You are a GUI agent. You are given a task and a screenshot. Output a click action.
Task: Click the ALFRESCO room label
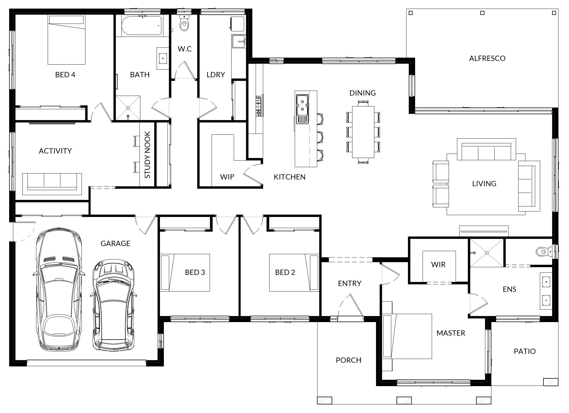pyautogui.click(x=487, y=58)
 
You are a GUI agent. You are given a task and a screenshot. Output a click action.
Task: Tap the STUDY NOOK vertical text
pyautogui.click(x=147, y=155)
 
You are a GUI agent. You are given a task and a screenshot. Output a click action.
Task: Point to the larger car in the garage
pyautogui.click(x=59, y=289)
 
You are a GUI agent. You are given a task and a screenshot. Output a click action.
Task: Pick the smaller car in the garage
pyautogui.click(x=113, y=305)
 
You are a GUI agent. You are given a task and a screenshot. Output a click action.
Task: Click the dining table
pyautogui.click(x=363, y=132)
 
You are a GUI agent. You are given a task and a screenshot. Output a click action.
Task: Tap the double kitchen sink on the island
pyautogui.click(x=302, y=105)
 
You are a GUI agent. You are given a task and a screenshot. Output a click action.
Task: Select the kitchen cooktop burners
pyautogui.click(x=258, y=105)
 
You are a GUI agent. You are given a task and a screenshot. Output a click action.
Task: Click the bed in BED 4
pyautogui.click(x=66, y=40)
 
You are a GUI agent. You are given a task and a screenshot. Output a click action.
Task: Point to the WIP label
pyautogui.click(x=227, y=177)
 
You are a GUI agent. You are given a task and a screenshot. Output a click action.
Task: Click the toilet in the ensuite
pyautogui.click(x=543, y=251)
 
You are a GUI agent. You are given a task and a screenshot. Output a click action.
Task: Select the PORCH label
pyautogui.click(x=349, y=360)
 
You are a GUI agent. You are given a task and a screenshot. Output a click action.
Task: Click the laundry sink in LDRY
pyautogui.click(x=239, y=42)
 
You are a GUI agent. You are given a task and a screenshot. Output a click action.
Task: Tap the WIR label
pyautogui.click(x=438, y=264)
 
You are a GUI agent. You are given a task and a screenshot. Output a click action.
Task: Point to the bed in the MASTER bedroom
pyautogui.click(x=407, y=336)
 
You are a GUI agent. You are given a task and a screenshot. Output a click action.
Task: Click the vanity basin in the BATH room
pyautogui.click(x=163, y=58)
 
